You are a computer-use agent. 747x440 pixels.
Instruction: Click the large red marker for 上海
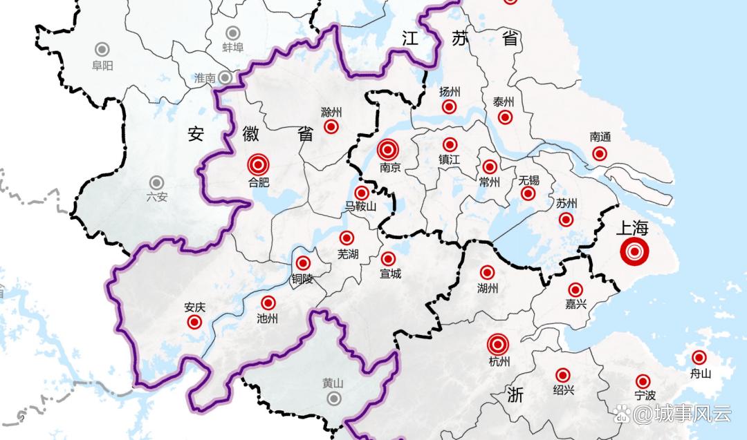coord(634,252)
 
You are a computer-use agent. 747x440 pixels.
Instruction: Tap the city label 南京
coord(391,167)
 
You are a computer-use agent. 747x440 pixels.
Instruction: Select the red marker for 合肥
coord(259,164)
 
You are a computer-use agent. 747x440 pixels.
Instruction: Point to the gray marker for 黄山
coord(334,399)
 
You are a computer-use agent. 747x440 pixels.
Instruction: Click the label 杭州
coord(499,361)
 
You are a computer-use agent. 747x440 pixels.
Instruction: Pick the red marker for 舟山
coord(699,358)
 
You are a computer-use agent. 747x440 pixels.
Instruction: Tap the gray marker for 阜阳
coord(102,49)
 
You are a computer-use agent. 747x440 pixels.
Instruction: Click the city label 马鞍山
coord(360,207)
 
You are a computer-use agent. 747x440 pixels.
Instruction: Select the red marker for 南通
coord(600,153)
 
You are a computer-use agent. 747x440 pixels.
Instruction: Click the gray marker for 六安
coord(157,182)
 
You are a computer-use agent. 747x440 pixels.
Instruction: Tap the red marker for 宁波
coord(643,381)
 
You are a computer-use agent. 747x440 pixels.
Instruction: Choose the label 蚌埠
coord(233,48)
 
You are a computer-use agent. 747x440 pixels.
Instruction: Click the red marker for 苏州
coord(566,220)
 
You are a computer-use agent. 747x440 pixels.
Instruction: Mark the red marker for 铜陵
coord(303,263)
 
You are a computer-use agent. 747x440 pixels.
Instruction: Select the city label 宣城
coord(390,274)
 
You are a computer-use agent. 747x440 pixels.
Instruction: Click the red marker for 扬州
coord(450,107)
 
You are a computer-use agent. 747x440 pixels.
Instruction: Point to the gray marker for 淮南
coord(225,77)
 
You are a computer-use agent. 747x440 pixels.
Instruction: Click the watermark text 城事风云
coord(682,414)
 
